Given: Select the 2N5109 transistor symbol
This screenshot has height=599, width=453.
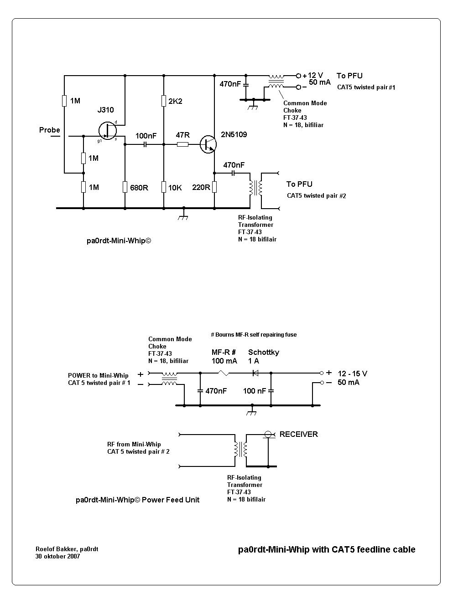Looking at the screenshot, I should click(x=208, y=144).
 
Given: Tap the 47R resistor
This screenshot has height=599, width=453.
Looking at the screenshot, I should click(x=182, y=144).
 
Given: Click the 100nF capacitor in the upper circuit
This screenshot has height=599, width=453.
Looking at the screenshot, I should click(x=145, y=144).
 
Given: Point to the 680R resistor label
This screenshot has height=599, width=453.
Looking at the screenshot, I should click(x=139, y=188).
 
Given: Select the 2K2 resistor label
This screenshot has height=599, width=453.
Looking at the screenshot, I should click(x=175, y=101).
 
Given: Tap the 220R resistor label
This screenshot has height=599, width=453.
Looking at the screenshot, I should click(x=201, y=188).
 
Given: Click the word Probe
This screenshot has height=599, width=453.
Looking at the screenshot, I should click(x=50, y=130).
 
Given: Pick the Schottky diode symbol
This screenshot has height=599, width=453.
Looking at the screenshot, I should click(x=255, y=373).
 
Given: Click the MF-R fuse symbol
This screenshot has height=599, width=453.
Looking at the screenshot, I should click(x=224, y=373).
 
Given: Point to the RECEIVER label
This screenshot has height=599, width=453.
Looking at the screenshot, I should click(x=299, y=435).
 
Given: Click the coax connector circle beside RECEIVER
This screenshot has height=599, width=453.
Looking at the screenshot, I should click(x=268, y=435).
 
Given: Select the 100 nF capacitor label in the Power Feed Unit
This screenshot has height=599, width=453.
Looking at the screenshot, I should click(x=255, y=391).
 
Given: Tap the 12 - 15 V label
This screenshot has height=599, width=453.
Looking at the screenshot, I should click(x=352, y=374).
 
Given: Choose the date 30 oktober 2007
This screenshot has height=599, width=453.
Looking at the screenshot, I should click(x=58, y=557).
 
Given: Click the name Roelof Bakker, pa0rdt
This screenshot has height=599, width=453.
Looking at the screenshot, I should click(x=67, y=549).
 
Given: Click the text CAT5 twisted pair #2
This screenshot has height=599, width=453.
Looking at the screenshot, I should click(x=317, y=196).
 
